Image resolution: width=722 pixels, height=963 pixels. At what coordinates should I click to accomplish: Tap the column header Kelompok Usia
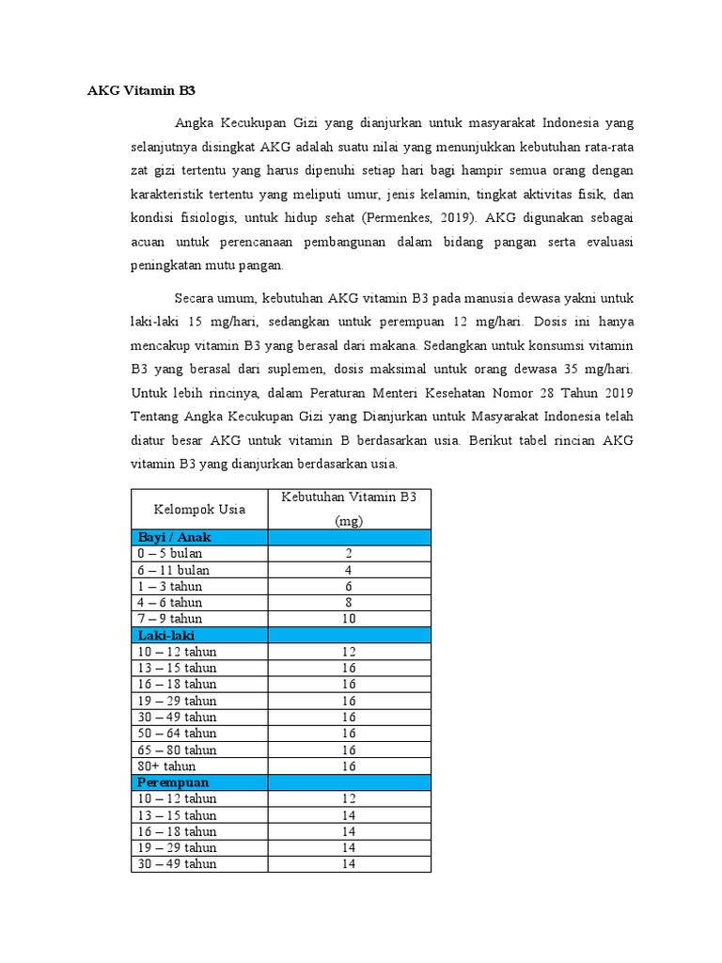tap(198, 509)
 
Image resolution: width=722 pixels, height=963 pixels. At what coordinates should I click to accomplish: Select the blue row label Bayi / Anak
tap(174, 537)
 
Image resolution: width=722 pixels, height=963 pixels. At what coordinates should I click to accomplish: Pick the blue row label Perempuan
tap(172, 781)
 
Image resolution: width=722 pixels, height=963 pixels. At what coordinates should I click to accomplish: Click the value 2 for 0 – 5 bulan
tap(349, 554)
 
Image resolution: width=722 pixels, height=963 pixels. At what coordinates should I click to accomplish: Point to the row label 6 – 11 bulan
tap(173, 570)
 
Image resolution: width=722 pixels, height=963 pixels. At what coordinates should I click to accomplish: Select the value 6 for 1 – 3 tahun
tap(349, 586)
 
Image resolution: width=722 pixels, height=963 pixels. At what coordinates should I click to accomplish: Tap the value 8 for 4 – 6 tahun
tap(349, 603)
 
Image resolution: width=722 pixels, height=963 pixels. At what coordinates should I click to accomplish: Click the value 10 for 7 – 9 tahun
tap(349, 619)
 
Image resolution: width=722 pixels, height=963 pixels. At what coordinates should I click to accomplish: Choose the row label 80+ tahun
tap(166, 766)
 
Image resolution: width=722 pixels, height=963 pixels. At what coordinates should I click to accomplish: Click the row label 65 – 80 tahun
tap(176, 750)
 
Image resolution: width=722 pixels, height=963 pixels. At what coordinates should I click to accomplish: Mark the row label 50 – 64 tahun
tap(176, 733)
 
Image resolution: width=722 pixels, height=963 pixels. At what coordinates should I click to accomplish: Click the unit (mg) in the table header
tap(349, 520)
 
